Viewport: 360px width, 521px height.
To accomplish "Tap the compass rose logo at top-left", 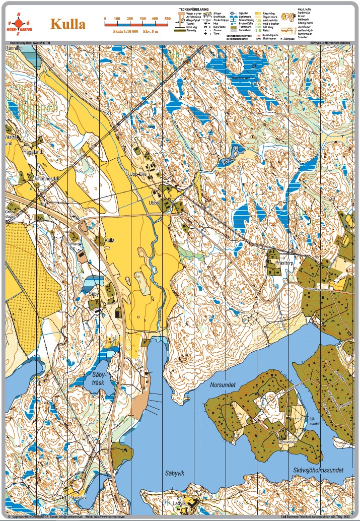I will [x=19, y=23].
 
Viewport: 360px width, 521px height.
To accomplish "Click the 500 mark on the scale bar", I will [x=168, y=19].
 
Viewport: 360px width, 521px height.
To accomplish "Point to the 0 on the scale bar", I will [x=105, y=19].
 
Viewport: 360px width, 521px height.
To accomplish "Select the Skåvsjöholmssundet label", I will [x=318, y=470].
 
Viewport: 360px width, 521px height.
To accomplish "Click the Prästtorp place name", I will [x=284, y=263].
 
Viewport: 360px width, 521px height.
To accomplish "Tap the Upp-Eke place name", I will [x=138, y=174].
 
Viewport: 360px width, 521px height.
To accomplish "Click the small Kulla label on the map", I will [x=109, y=240].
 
